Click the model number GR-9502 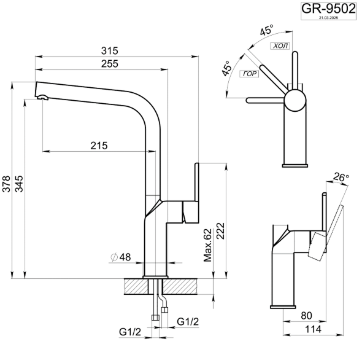click(328, 9)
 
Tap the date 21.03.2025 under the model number click(328, 19)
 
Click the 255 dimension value click(101, 63)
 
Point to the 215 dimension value click(99, 146)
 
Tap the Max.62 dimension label click(207, 244)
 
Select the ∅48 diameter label click(121, 257)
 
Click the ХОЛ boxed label click(279, 45)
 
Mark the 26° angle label click(341, 178)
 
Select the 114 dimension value click(313, 330)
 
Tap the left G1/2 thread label click(130, 332)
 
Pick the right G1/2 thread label click(188, 321)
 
